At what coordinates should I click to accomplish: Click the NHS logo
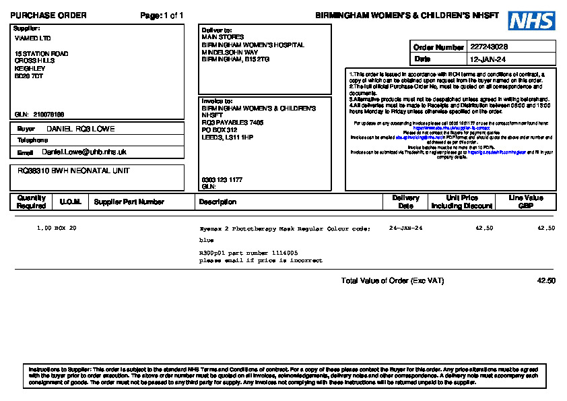click(531, 21)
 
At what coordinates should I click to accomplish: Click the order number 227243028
click(489, 47)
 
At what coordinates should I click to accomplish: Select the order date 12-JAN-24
click(488, 59)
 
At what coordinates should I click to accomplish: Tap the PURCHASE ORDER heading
click(48, 16)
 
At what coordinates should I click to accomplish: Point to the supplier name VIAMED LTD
click(32, 38)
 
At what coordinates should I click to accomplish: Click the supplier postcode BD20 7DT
click(29, 76)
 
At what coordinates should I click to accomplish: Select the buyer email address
click(84, 152)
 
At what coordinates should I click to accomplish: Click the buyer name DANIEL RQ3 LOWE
click(80, 129)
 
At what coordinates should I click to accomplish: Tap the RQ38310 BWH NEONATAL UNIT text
click(73, 171)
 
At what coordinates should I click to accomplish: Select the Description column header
click(218, 202)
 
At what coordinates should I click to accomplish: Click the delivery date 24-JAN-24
click(406, 228)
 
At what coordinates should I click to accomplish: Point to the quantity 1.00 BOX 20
click(57, 228)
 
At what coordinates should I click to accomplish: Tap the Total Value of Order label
click(392, 280)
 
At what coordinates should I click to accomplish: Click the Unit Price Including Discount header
click(462, 202)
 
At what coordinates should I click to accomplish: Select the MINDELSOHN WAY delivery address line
click(230, 52)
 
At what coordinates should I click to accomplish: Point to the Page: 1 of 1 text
click(162, 16)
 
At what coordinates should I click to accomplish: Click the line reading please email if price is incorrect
click(261, 260)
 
